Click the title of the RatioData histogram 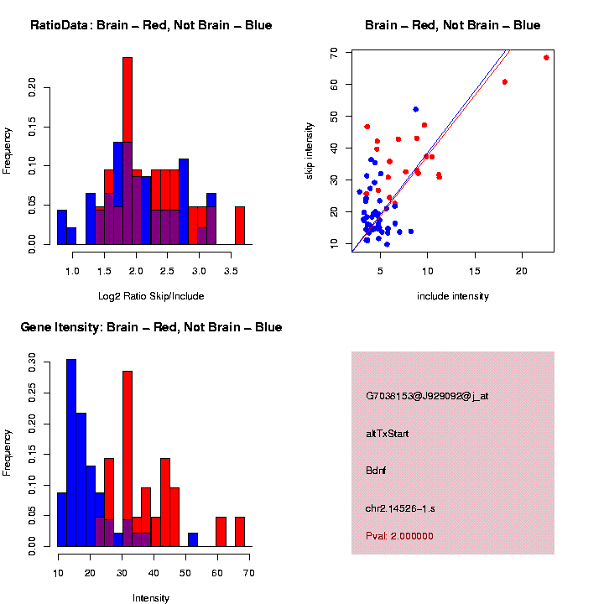(x=151, y=25)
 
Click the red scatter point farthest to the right (x=546, y=58)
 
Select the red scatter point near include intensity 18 (x=505, y=81)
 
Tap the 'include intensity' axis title (x=452, y=296)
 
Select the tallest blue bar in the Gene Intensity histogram (x=71, y=452)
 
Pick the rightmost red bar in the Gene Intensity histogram (x=240, y=531)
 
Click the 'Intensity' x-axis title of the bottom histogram (x=151, y=598)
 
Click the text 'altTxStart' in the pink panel (x=388, y=434)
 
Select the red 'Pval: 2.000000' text (x=399, y=536)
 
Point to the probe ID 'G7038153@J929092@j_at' (x=427, y=395)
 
